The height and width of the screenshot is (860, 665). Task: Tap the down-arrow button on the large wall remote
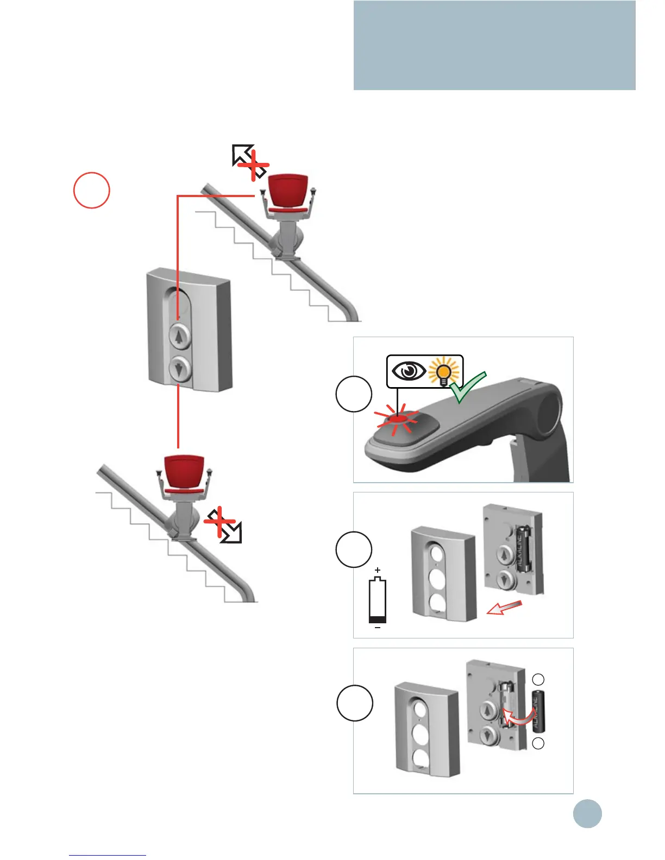[x=179, y=370]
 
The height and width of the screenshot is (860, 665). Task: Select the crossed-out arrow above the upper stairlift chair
[x=249, y=162]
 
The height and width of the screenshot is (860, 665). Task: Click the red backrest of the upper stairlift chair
[x=288, y=191]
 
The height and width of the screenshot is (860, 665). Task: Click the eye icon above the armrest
[x=409, y=371]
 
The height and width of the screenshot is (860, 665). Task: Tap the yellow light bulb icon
[x=444, y=372]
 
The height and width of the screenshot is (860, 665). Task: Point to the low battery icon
[x=378, y=601]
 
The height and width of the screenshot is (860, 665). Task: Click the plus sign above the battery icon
[x=378, y=571]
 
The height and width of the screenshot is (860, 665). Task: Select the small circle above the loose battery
[x=538, y=679]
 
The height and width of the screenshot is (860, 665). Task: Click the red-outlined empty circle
[x=92, y=190]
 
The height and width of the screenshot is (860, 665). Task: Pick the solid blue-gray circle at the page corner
[x=587, y=813]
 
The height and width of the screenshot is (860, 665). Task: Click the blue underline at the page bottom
[x=108, y=855]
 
